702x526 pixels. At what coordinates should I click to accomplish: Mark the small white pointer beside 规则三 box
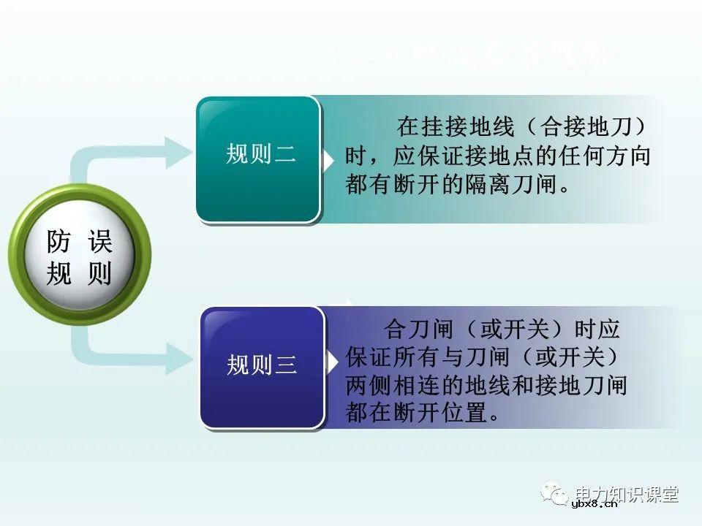(x=333, y=362)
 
